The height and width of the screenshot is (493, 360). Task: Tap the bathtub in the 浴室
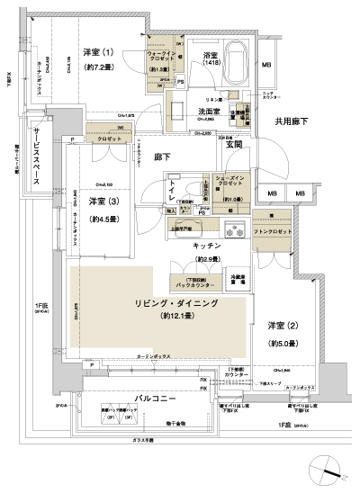[237, 64]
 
